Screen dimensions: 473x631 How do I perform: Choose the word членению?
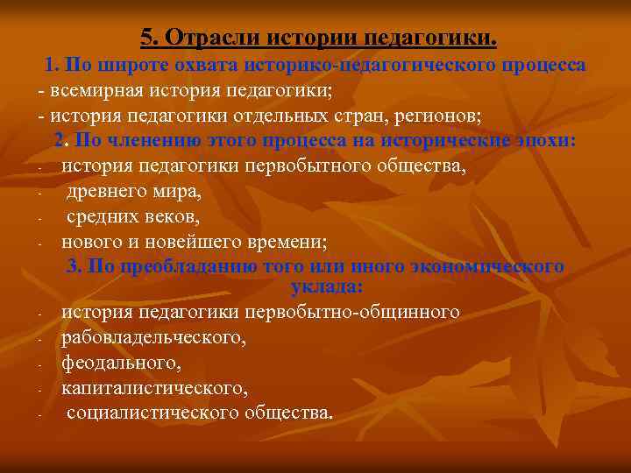pos(142,141)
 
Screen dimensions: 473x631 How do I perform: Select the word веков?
pos(176,215)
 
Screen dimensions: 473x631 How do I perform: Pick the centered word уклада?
pos(324,286)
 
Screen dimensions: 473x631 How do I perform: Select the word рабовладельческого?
pos(153,336)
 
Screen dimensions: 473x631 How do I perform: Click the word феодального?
pos(110,361)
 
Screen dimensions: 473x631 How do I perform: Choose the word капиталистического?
pos(154,386)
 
